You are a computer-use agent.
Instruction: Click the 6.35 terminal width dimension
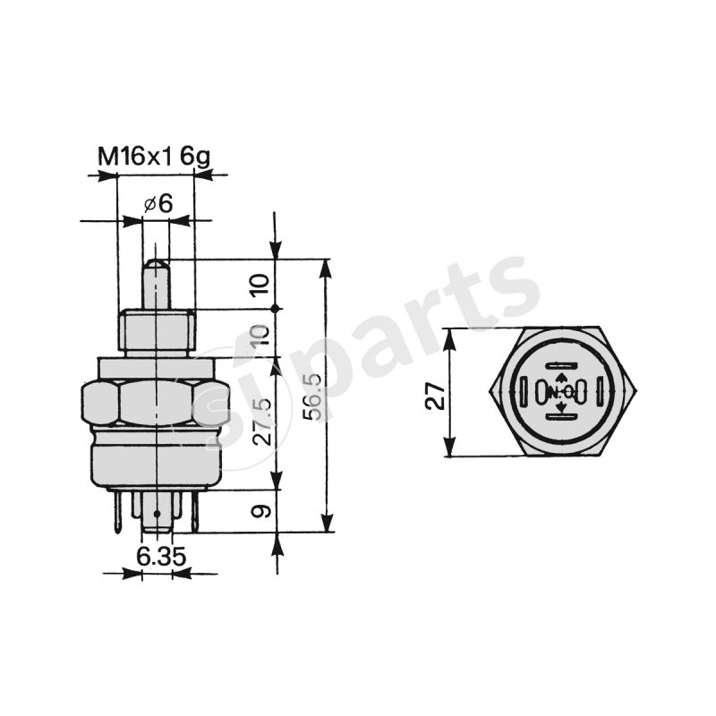coord(161,557)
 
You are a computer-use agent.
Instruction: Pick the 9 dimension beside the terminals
coord(260,512)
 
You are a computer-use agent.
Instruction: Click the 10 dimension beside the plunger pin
coord(260,286)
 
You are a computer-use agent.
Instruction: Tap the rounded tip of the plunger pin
coord(157,265)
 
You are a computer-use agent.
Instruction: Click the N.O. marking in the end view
coord(560,392)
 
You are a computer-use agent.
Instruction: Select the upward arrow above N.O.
coord(560,379)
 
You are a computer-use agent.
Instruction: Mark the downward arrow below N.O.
coord(560,407)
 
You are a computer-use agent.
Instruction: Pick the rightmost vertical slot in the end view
coord(601,392)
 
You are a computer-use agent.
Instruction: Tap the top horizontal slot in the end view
coord(560,365)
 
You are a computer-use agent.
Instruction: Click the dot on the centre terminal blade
coord(157,515)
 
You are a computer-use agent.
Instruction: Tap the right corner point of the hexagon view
coord(635,392)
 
